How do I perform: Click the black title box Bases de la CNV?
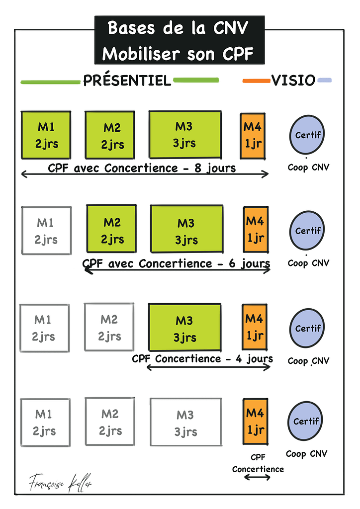pyautogui.click(x=180, y=40)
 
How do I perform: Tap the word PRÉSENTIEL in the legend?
pyautogui.click(x=127, y=81)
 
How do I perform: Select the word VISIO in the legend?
pyautogui.click(x=293, y=81)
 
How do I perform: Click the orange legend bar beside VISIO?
pyautogui.click(x=256, y=81)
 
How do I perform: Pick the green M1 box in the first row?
pyautogui.click(x=46, y=135)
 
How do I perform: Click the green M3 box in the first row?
pyautogui.click(x=185, y=135)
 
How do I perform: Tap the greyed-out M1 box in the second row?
pyautogui.click(x=46, y=231)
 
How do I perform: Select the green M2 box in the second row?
pyautogui.click(x=112, y=231)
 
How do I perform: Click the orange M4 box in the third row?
pyautogui.click(x=254, y=328)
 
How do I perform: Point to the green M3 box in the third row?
pyautogui.click(x=185, y=329)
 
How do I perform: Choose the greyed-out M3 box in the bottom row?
pyautogui.click(x=186, y=423)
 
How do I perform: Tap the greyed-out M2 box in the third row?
pyautogui.click(x=109, y=328)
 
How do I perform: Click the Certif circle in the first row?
pyautogui.click(x=307, y=135)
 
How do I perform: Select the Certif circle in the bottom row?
pyautogui.click(x=306, y=422)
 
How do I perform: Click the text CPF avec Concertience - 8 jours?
pyautogui.click(x=142, y=168)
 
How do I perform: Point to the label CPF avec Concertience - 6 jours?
pyautogui.click(x=177, y=263)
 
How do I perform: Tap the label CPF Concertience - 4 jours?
pyautogui.click(x=202, y=358)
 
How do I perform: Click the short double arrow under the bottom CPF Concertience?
pyautogui.click(x=257, y=478)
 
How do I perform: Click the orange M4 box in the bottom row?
pyautogui.click(x=255, y=422)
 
